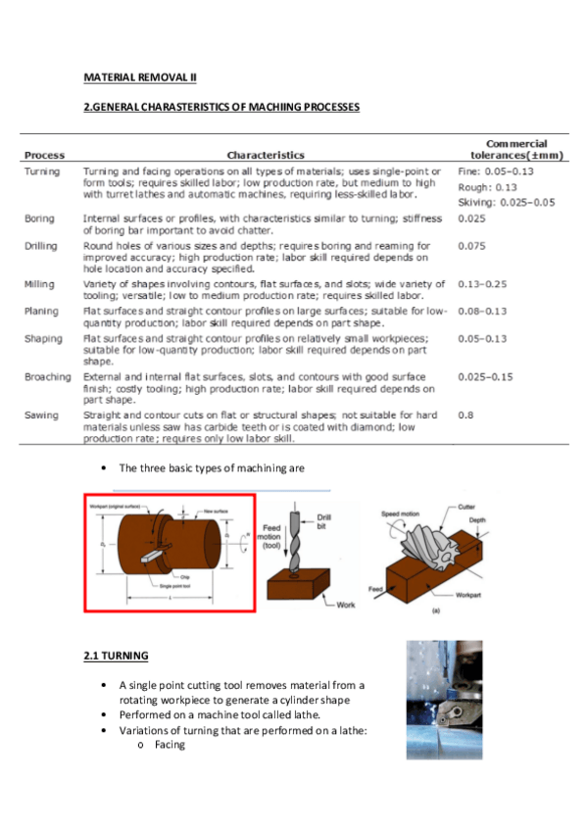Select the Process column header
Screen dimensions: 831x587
(x=45, y=155)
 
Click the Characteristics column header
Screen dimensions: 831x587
(x=266, y=155)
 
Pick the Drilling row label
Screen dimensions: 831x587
(x=42, y=246)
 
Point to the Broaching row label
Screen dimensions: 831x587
(x=48, y=376)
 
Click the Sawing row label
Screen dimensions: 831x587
(x=41, y=415)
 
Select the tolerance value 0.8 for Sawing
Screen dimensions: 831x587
(x=465, y=415)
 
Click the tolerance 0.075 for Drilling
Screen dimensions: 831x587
(x=472, y=246)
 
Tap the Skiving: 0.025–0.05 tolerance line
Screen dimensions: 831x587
(x=507, y=201)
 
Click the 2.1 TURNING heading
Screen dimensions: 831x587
(x=117, y=655)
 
